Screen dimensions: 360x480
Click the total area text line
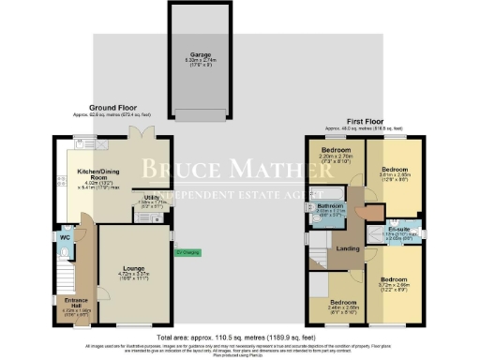pos(239,334)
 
